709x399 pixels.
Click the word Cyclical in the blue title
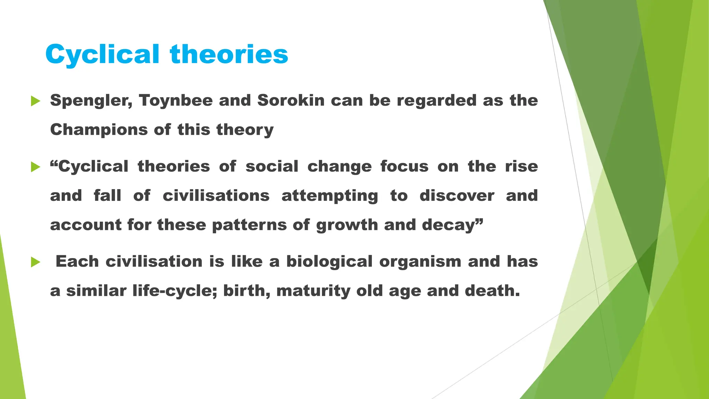click(x=102, y=55)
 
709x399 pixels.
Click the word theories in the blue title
click(x=229, y=55)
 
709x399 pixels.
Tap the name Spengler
click(x=91, y=101)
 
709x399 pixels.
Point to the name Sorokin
click(x=291, y=101)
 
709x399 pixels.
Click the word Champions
click(x=99, y=130)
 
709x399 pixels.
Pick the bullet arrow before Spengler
click(x=36, y=101)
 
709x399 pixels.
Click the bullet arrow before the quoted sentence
click(x=36, y=167)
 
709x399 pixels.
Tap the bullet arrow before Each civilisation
click(x=36, y=262)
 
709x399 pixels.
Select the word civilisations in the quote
click(x=216, y=196)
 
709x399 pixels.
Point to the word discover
click(x=457, y=196)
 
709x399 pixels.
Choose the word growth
click(x=347, y=225)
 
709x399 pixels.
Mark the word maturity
click(x=313, y=291)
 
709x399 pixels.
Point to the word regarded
click(x=437, y=101)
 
